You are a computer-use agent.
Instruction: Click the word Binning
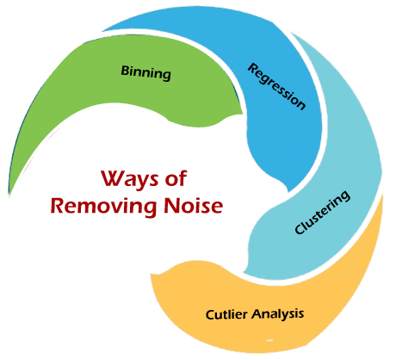[145, 73]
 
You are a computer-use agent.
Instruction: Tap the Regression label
[276, 86]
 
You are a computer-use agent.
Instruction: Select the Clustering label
[322, 213]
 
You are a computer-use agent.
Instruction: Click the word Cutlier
[226, 314]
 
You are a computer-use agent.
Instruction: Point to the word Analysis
[278, 313]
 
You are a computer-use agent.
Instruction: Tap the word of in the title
[176, 178]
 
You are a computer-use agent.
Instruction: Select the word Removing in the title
[104, 207]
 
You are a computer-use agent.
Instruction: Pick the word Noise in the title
[194, 205]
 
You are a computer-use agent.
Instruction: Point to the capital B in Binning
[125, 71]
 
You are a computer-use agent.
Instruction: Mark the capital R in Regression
[253, 69]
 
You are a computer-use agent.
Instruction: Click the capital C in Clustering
[300, 229]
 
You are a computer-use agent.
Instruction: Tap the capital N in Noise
[171, 205]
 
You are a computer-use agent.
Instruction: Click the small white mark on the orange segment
[269, 340]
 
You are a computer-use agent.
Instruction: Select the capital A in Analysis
[257, 313]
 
